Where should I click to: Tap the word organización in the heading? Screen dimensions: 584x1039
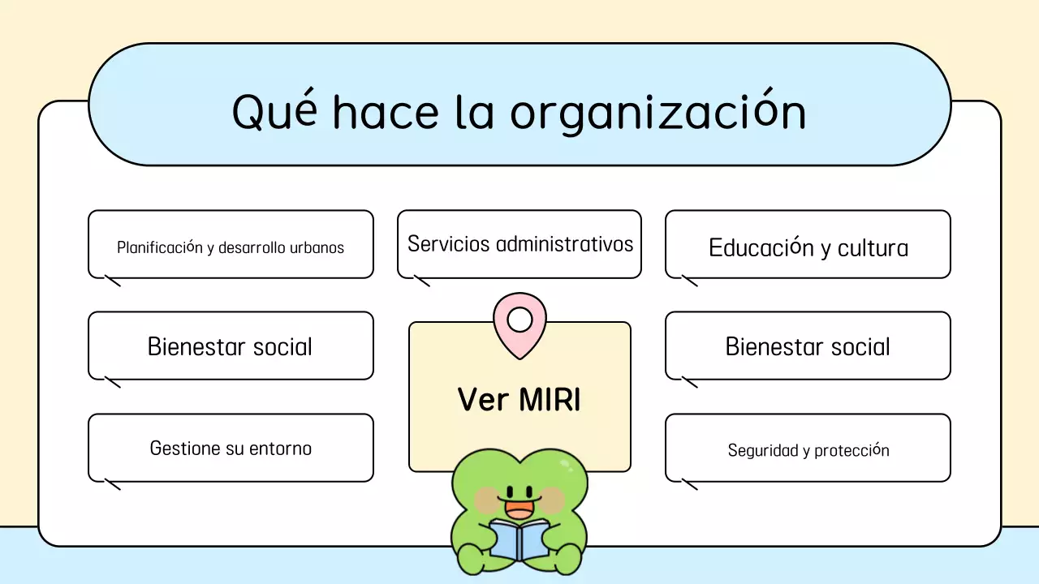[x=657, y=112]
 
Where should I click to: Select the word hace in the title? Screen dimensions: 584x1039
[x=385, y=112]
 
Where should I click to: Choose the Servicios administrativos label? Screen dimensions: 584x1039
[x=519, y=243]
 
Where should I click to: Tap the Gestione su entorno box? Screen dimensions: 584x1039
[x=231, y=448]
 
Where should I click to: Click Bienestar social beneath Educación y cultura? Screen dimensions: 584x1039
[x=808, y=346]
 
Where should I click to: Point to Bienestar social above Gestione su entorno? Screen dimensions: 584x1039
[x=231, y=346]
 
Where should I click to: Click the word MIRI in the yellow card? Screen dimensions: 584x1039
[x=549, y=399]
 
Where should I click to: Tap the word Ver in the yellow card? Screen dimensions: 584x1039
[x=482, y=399]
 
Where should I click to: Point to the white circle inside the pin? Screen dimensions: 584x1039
[x=519, y=320]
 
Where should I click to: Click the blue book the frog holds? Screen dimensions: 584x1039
[x=519, y=540]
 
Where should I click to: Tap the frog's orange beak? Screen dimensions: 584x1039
[x=519, y=509]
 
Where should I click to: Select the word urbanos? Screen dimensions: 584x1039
[x=317, y=247]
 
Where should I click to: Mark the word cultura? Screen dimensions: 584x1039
[x=873, y=247]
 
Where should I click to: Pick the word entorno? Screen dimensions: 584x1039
[x=281, y=448]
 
